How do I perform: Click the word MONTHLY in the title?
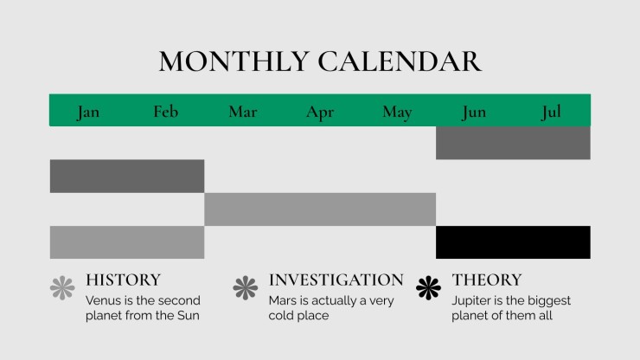click(234, 61)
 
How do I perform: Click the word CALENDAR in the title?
click(400, 61)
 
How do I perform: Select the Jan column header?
click(88, 112)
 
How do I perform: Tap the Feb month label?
click(166, 111)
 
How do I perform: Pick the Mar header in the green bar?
click(243, 112)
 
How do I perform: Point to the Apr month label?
click(320, 112)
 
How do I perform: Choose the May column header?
click(397, 112)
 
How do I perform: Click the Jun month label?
click(474, 112)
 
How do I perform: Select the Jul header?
click(552, 112)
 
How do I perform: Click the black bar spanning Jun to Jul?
click(513, 242)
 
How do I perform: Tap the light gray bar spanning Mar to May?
click(320, 209)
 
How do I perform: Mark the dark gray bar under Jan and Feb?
click(127, 177)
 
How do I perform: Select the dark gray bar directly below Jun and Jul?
click(513, 143)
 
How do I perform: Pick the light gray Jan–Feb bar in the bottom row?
click(127, 242)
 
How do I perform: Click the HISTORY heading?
click(124, 280)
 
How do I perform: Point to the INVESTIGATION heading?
click(336, 280)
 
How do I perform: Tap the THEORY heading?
click(487, 280)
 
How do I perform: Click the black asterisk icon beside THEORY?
click(429, 288)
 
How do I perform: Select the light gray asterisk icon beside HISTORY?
click(62, 288)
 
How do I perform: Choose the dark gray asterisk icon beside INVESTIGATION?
click(246, 288)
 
